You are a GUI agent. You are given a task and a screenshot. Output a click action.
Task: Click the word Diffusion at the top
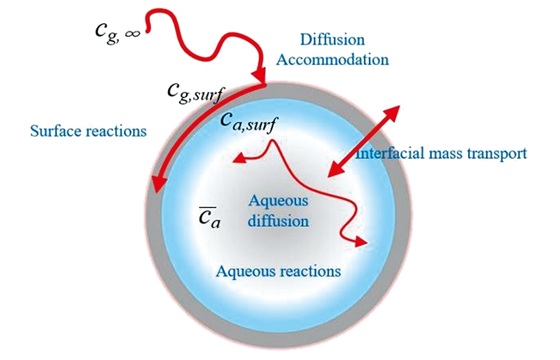332,40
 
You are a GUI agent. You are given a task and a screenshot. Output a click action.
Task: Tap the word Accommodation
332,59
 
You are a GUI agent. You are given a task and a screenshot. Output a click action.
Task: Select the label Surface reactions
87,131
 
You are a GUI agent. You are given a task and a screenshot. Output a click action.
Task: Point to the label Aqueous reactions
278,270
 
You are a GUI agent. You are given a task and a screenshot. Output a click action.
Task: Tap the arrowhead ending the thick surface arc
157,184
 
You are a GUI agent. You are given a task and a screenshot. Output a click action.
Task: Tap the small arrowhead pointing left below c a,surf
239,158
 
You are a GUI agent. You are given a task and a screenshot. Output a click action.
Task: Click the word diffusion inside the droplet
280,221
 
